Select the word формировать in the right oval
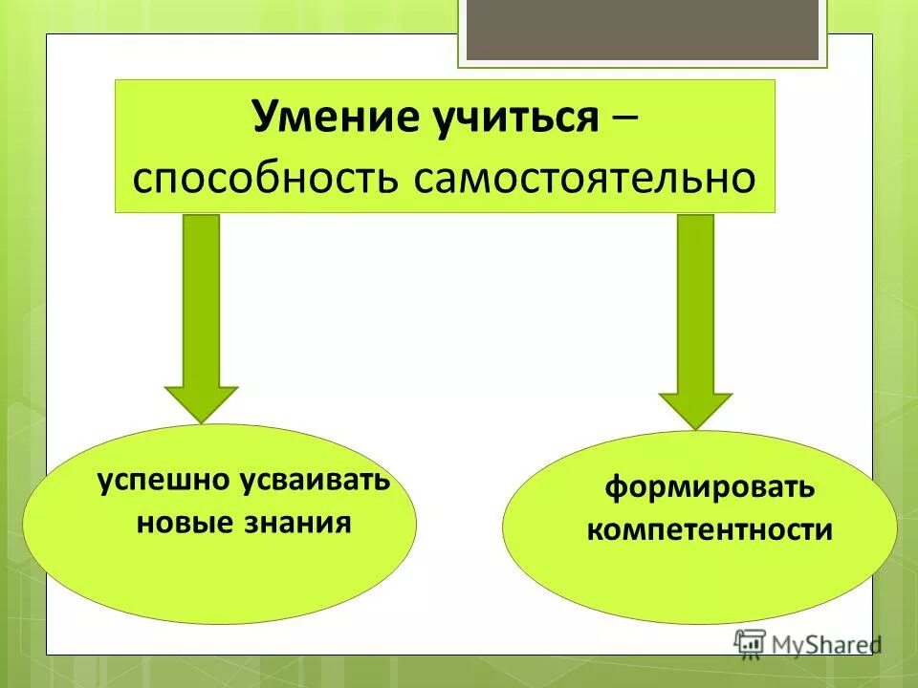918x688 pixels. click(709, 488)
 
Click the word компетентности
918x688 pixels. click(710, 530)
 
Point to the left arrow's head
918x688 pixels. click(201, 402)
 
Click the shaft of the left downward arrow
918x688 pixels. click(201, 296)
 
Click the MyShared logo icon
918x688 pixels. click(750, 642)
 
